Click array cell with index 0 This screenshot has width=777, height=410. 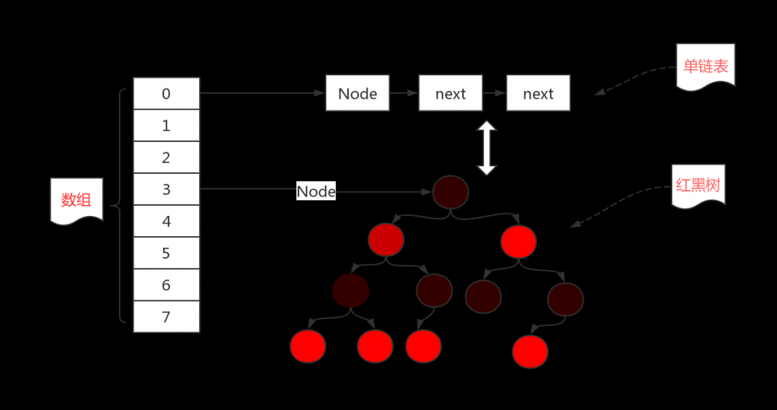pos(166,94)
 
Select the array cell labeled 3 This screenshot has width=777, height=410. pos(166,189)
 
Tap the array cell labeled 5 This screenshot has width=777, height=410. pos(166,253)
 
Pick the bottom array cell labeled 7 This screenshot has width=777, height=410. pos(166,317)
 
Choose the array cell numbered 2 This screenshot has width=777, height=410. pos(166,158)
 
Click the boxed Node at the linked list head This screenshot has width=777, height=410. pos(357,93)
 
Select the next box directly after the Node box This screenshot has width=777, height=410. pos(451,93)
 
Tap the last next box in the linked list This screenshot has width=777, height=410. pos(538,93)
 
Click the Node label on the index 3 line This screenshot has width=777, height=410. pos(316,191)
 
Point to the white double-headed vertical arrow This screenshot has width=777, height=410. pos(486,148)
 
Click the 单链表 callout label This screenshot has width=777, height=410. pos(706,67)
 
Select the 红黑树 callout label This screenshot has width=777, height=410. pos(699,186)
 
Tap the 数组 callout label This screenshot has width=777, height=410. pos(76,200)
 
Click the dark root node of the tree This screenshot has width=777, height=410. pos(451,192)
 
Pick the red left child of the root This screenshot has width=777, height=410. pos(386,240)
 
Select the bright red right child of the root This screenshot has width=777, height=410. pos(519,241)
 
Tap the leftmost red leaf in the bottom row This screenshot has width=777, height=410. pos(308,346)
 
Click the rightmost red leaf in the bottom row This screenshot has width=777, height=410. pos(530,351)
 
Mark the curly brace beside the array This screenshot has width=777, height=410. pos(119,206)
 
